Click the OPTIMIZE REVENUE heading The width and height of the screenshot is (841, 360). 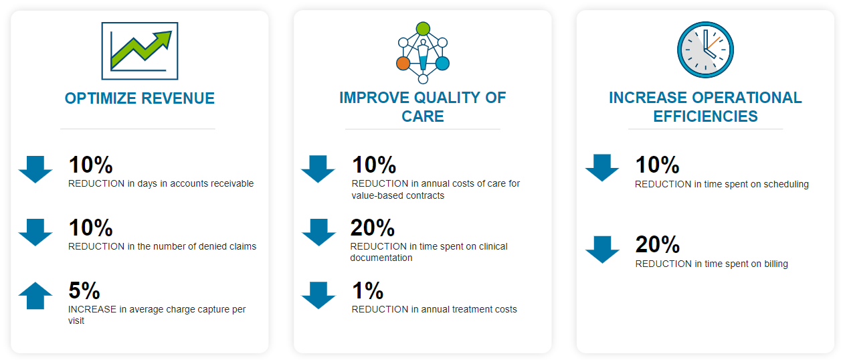pos(140,98)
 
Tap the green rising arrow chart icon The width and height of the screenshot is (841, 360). pos(140,51)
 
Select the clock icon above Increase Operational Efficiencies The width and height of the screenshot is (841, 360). pos(705,50)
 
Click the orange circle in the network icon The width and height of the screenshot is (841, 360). pos(403,64)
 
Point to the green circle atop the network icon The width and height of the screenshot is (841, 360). pos(423,29)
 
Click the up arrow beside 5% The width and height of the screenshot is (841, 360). pos(35,296)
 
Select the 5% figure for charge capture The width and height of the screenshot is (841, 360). pos(84,290)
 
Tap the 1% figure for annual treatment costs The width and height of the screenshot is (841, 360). pos(367,290)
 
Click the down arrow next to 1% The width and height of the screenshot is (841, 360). pos(318,296)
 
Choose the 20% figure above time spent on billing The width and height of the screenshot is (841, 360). pos(658,244)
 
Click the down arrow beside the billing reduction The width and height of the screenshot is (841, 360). pos(602,250)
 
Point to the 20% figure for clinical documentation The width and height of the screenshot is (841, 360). pos(373,228)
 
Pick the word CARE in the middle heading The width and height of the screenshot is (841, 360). pos(423,116)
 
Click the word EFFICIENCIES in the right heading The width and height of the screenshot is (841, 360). pos(705,116)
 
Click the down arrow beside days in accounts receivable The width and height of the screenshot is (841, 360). pos(35,169)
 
